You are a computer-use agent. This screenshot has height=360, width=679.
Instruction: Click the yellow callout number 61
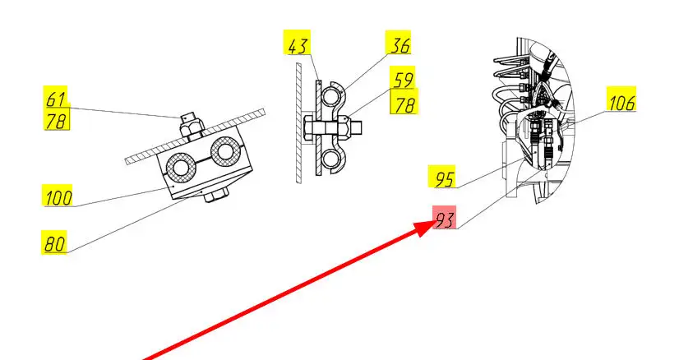[x=55, y=98]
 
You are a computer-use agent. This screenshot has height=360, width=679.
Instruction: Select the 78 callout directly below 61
[x=57, y=119]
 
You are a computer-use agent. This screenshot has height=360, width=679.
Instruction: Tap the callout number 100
[x=58, y=196]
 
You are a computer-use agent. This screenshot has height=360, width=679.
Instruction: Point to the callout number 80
[x=54, y=242]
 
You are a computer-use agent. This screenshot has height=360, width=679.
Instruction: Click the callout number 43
[x=297, y=43]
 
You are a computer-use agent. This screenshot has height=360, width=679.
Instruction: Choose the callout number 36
[x=399, y=43]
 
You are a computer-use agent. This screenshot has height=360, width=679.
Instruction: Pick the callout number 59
[x=402, y=77]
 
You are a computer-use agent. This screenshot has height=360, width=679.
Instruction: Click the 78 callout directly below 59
[x=404, y=101]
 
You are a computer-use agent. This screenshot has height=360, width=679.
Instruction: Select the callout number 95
[x=441, y=177]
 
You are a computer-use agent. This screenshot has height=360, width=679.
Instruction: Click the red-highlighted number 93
[x=444, y=218]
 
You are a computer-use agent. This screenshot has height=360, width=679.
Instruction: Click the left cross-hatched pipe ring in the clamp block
[x=178, y=165]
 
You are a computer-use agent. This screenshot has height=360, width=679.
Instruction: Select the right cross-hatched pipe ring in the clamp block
[x=224, y=151]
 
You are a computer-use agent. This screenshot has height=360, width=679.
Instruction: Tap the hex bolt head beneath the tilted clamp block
[x=215, y=196]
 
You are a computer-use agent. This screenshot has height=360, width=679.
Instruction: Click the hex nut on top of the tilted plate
[x=191, y=127]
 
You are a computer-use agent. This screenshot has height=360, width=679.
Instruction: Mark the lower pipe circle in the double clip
[x=330, y=159]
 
